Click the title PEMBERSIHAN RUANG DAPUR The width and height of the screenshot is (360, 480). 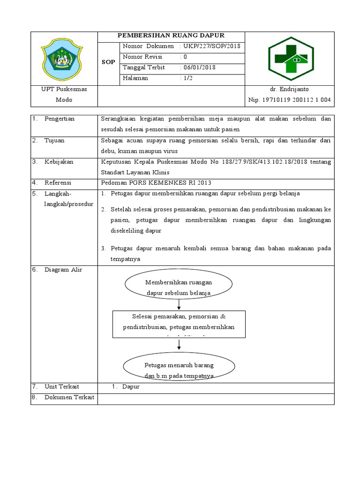tap(171, 36)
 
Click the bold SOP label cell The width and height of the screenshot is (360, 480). tap(108, 62)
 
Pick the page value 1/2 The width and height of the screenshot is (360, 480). tap(188, 78)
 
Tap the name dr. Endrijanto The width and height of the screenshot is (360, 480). tap(289, 89)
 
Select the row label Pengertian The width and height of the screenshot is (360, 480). tap(60, 119)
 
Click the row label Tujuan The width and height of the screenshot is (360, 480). tap(54, 141)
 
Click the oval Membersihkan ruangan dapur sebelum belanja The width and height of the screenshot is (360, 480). tap(179, 287)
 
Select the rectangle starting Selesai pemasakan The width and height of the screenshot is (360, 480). tap(179, 323)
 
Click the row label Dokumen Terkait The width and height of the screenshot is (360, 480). tap(69, 397)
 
